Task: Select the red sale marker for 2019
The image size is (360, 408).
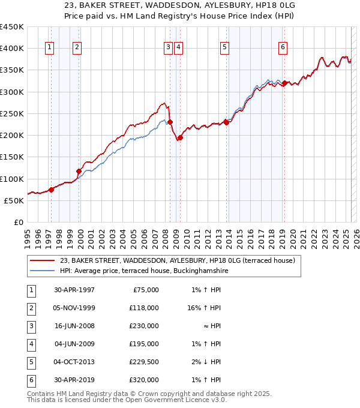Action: [284, 83]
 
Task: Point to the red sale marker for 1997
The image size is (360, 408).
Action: [51, 190]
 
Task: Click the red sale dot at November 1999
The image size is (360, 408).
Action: [79, 171]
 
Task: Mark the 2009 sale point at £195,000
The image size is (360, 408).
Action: [180, 137]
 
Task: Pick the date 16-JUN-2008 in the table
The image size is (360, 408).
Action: [74, 326]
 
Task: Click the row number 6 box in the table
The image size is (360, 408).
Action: [30, 380]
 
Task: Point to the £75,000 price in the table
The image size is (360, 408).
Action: [145, 290]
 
